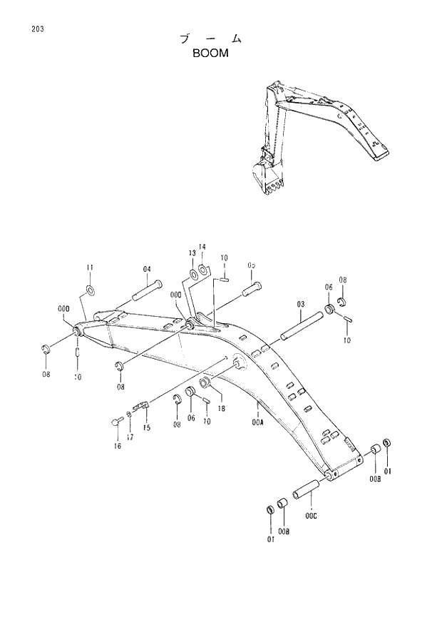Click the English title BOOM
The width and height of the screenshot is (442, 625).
(211, 53)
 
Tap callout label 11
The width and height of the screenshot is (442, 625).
(90, 268)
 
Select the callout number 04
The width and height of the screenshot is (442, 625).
(147, 269)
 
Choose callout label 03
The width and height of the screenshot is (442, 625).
(301, 304)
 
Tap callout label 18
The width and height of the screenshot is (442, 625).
(222, 409)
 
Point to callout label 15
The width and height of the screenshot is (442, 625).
(146, 428)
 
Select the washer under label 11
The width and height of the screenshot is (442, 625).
(91, 290)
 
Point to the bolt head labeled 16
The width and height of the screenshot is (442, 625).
(114, 422)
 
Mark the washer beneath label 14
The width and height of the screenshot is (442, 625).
(203, 269)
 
